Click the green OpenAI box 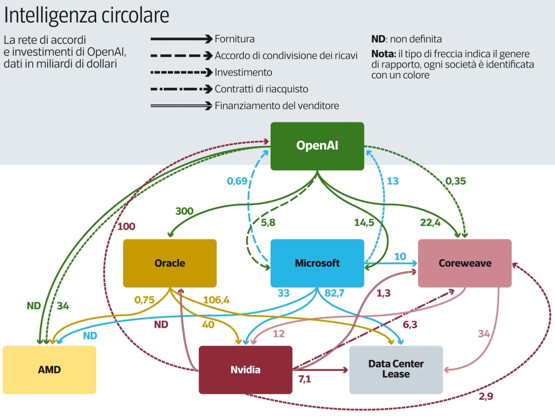(x=317, y=146)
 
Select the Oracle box (x=170, y=263)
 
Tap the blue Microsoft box (x=317, y=263)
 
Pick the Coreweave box (x=465, y=263)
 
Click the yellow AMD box (x=49, y=370)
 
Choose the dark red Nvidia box (x=245, y=370)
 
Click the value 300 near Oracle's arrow (x=185, y=211)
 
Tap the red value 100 (x=126, y=226)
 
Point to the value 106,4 (x=216, y=300)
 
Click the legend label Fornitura (x=234, y=39)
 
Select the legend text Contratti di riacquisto (x=261, y=89)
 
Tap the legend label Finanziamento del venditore (x=277, y=106)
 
